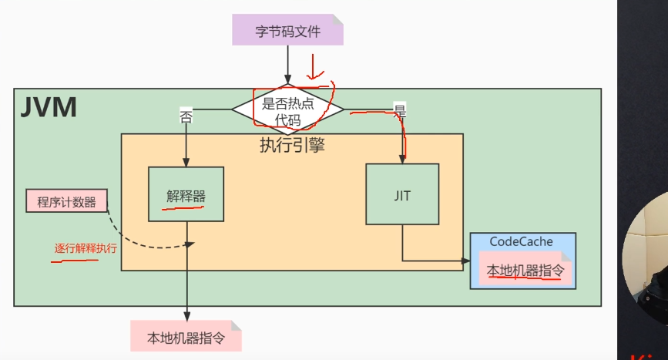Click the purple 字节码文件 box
(287, 31)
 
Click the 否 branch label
(186, 117)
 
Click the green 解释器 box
(186, 193)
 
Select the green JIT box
(401, 194)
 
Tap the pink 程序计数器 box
(66, 202)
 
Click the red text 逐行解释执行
(85, 248)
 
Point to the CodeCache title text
(521, 241)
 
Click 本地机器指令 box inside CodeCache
(525, 271)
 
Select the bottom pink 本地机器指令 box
(186, 337)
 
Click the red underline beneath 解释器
(186, 207)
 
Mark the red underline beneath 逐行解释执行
(75, 261)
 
